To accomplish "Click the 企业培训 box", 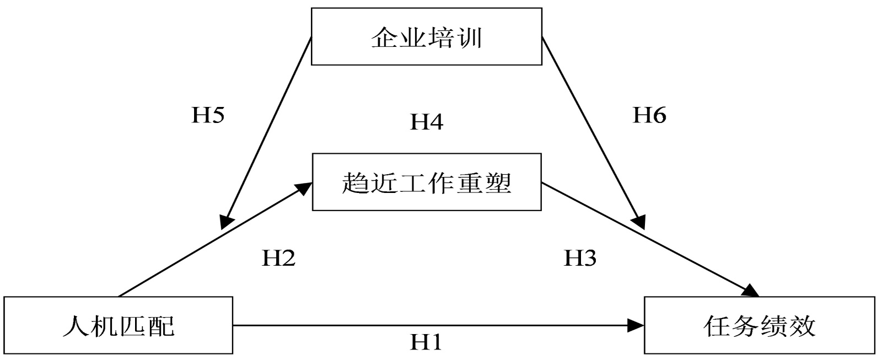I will (426, 36).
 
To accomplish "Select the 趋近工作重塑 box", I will (426, 182).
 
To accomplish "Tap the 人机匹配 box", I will (118, 325).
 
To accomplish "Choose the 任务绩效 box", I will (759, 325).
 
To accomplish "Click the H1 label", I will (426, 342).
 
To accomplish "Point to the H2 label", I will (278, 257).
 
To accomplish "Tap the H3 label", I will (580, 257).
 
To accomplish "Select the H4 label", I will (426, 122).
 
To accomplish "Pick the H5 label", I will (208, 115).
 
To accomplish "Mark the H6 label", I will (649, 115).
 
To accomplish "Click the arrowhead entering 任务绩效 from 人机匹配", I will (637, 325).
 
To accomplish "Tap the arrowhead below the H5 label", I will (225, 222).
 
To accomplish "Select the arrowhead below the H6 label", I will (638, 222).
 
